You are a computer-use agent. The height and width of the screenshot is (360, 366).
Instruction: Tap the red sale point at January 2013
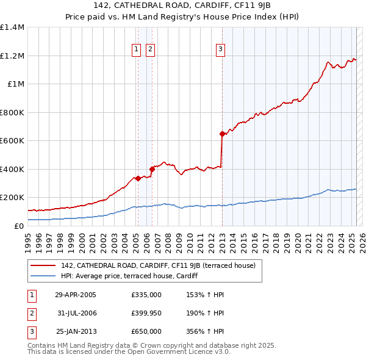[222, 134]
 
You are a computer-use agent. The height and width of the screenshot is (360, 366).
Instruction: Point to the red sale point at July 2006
[152, 169]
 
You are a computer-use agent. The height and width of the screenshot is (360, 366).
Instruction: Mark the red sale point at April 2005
[138, 178]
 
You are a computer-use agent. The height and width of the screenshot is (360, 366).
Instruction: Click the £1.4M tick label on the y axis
[12, 27]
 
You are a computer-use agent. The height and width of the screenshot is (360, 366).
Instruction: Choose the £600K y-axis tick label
[12, 141]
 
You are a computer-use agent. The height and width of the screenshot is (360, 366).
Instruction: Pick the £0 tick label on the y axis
[18, 226]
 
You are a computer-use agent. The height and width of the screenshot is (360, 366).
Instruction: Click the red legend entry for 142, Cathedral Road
[162, 265]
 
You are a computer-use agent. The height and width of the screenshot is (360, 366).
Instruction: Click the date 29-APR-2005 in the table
[76, 295]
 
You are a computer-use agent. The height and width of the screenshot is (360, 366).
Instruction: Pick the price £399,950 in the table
[146, 314]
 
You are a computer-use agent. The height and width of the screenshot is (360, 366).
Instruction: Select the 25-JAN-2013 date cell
[76, 331]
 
